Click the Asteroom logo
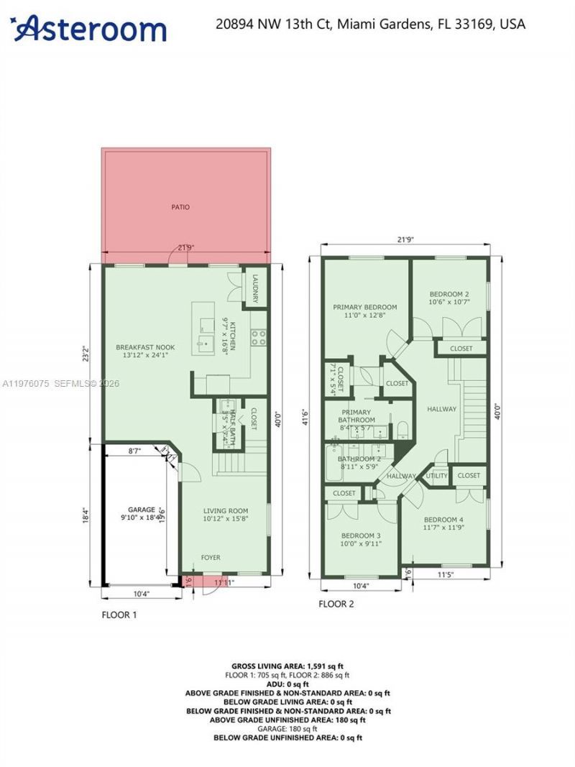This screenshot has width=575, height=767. click(91, 28)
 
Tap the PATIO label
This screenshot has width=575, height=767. click(180, 207)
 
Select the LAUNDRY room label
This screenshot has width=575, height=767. click(254, 288)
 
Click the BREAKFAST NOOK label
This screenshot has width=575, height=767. click(146, 347)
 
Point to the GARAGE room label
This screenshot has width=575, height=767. click(141, 509)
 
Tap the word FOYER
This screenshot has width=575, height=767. click(211, 557)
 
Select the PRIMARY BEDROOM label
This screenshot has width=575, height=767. click(364, 307)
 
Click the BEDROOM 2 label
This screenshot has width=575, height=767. click(449, 294)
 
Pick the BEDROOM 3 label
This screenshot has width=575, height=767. click(360, 536)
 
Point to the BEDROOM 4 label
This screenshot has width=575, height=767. click(443, 520)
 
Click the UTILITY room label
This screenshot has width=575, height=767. click(436, 476)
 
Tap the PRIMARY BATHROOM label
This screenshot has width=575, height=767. click(357, 416)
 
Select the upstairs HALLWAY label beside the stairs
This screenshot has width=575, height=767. click(441, 409)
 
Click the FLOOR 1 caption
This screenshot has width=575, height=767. click(119, 615)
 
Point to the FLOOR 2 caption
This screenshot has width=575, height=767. click(336, 604)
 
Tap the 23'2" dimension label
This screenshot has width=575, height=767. click(86, 354)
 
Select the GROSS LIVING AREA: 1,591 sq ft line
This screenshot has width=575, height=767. click(290, 666)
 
